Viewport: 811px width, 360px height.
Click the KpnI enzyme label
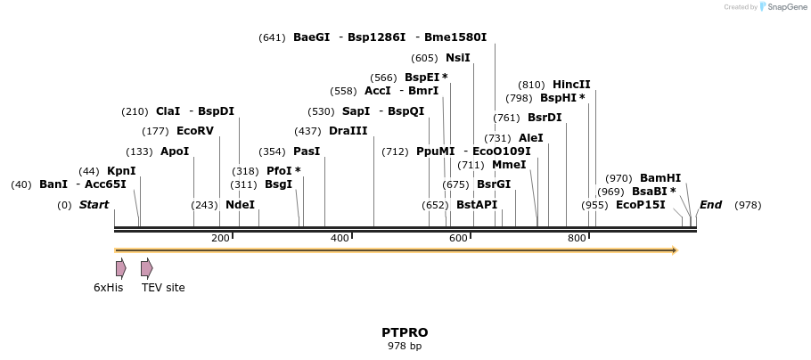[x=121, y=171]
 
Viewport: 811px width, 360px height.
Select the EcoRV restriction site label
[x=195, y=131]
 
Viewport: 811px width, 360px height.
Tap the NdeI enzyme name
[x=240, y=205]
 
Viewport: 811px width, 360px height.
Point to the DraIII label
[x=348, y=131]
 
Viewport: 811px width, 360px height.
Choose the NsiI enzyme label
[x=457, y=58]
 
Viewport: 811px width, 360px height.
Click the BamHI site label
[x=659, y=178]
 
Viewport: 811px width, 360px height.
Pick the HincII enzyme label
[x=571, y=85]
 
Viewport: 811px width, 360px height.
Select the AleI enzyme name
[x=530, y=138]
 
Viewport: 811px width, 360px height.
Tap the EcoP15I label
[x=640, y=205]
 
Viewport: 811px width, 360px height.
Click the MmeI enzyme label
[x=509, y=165]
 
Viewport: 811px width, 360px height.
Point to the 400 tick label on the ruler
[x=340, y=239]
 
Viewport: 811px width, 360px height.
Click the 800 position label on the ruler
[x=577, y=239]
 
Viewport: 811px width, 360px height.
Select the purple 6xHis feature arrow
[x=120, y=268]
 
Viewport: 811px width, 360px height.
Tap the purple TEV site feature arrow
[x=146, y=268]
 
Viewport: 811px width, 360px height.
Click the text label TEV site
[x=163, y=288]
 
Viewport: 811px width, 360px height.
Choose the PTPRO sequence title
[x=405, y=332]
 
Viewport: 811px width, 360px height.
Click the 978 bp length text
[x=405, y=346]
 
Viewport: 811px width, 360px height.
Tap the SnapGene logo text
[x=783, y=7]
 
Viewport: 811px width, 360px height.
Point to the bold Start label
[x=94, y=205]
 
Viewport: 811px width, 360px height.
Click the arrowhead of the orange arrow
[x=675, y=250]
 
